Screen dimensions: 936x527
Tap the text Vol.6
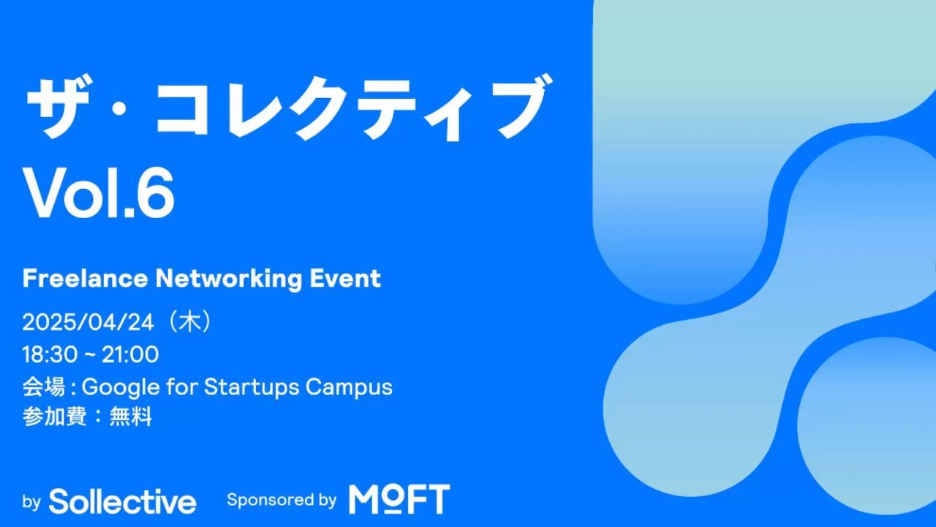point(99,193)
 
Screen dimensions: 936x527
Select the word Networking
point(229,279)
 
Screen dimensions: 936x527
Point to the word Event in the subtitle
point(345,279)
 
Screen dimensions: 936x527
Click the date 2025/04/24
point(88,323)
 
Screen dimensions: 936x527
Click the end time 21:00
point(130,355)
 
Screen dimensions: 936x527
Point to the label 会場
point(44,386)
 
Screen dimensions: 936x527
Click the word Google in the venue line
point(121,387)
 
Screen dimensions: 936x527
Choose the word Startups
point(252,387)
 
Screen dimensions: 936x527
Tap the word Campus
point(349,387)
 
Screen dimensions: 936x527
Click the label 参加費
point(54,417)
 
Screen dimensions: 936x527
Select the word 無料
point(131,417)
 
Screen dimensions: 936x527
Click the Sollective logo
point(122,501)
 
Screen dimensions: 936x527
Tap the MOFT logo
point(399,498)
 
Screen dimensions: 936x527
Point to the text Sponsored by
point(282,500)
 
